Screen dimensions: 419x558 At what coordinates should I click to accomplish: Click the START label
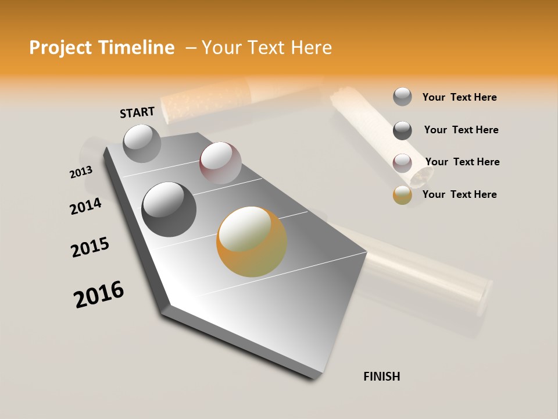tap(137, 112)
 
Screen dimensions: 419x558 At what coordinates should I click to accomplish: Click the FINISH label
tap(381, 377)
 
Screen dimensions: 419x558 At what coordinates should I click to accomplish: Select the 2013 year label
tap(81, 172)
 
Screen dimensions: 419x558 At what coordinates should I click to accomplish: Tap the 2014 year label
tap(85, 207)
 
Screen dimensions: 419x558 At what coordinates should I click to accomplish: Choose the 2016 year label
tap(99, 294)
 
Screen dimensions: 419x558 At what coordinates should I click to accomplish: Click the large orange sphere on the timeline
tap(252, 242)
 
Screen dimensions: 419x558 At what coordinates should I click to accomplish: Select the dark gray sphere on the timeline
tap(169, 210)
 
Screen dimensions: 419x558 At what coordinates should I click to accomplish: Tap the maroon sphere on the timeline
tap(220, 163)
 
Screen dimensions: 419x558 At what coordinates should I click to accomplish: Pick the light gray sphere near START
tap(142, 143)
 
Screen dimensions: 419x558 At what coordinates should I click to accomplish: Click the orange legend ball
tap(402, 195)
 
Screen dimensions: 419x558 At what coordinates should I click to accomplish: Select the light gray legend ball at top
tap(402, 97)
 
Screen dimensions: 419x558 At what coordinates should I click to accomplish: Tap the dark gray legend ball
tap(402, 130)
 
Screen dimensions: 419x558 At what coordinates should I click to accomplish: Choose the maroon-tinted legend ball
tap(402, 162)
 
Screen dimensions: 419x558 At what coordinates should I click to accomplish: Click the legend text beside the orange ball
tap(459, 194)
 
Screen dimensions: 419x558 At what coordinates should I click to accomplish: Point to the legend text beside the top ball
tap(459, 97)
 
